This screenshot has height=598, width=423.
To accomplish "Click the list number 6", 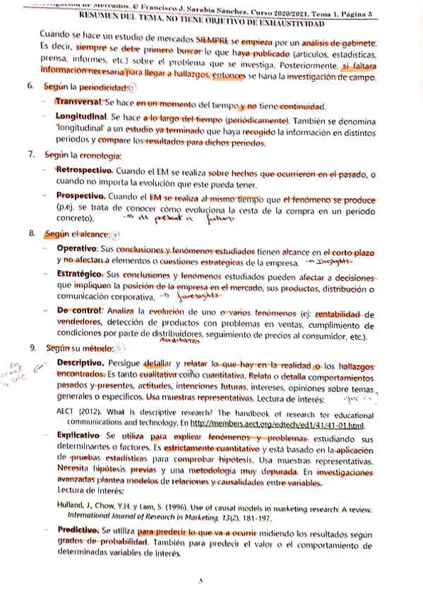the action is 30,87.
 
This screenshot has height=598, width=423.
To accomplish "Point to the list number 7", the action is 30,154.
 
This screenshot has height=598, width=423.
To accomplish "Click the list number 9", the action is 30,348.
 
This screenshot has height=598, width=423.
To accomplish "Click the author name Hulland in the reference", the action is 72,505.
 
